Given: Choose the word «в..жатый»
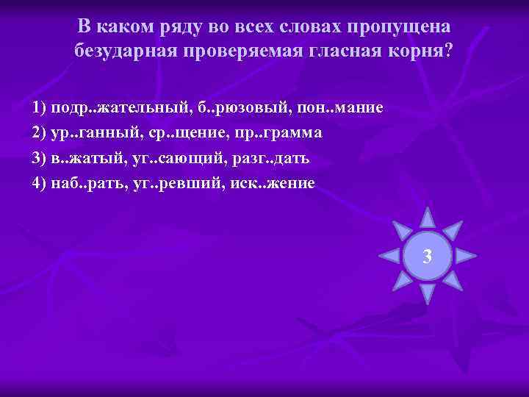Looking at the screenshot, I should (84, 159).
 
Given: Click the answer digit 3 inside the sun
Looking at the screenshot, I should (427, 257).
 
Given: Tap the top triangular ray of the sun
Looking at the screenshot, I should (427, 218).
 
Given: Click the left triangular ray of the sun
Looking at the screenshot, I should (389, 256).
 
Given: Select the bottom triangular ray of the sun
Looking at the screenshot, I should (427, 293).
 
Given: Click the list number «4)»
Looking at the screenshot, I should (40, 184).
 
